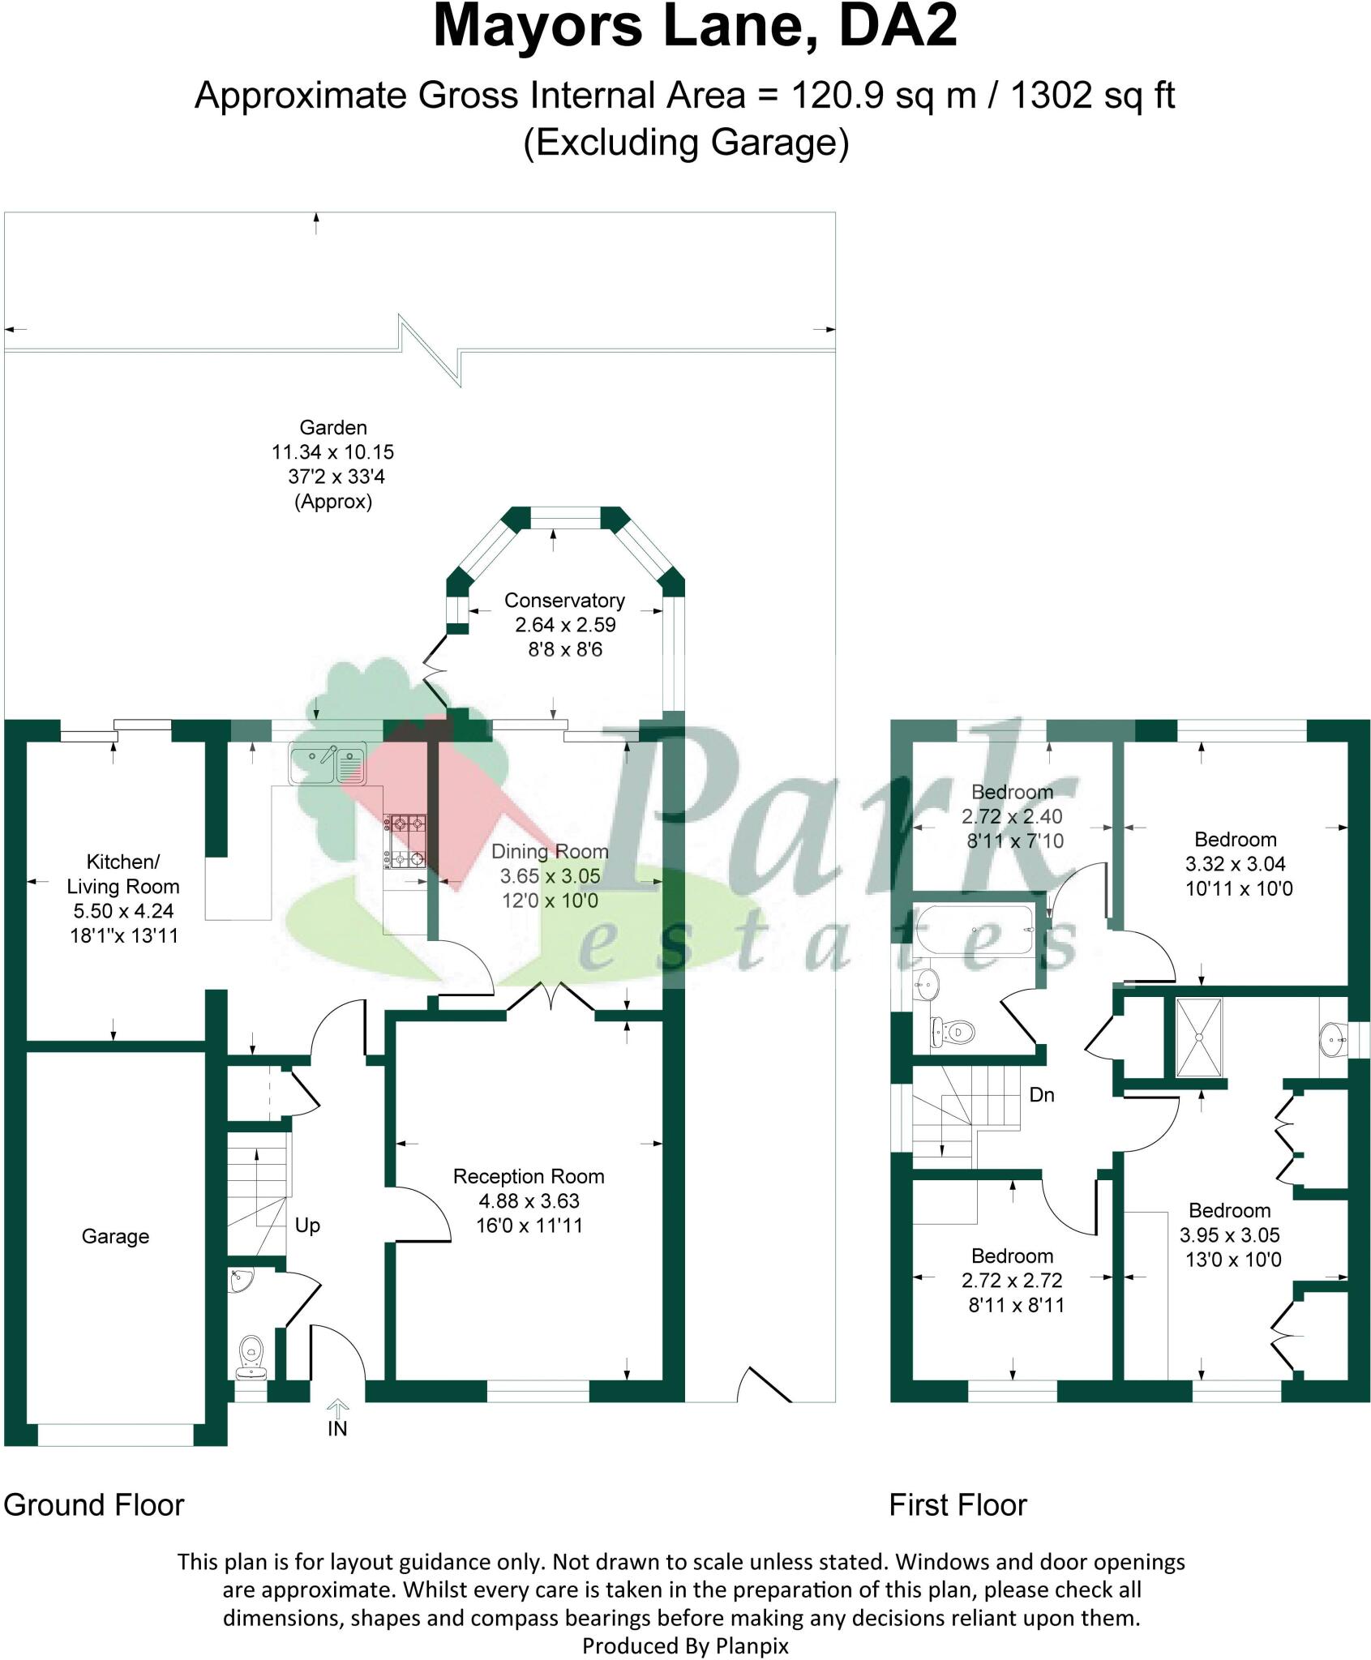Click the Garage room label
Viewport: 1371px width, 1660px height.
[x=115, y=1236]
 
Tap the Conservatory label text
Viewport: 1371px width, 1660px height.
[x=564, y=601]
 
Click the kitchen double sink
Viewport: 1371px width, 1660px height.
[x=328, y=764]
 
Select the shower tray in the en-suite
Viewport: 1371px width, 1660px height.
[x=1199, y=1037]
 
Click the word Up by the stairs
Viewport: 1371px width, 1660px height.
[x=307, y=1226]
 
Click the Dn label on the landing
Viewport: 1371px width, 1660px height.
[x=1041, y=1095]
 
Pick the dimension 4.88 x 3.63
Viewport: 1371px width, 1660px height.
[x=529, y=1201]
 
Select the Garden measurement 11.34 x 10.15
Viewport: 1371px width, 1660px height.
[x=332, y=452]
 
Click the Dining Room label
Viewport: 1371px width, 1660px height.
[x=550, y=852]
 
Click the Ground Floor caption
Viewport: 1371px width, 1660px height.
[x=94, y=1505]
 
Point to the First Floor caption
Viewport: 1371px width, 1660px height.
[x=958, y=1505]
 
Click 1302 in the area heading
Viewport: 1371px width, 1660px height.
[x=1052, y=96]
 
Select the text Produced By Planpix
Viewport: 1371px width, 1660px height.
[x=685, y=1645]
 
